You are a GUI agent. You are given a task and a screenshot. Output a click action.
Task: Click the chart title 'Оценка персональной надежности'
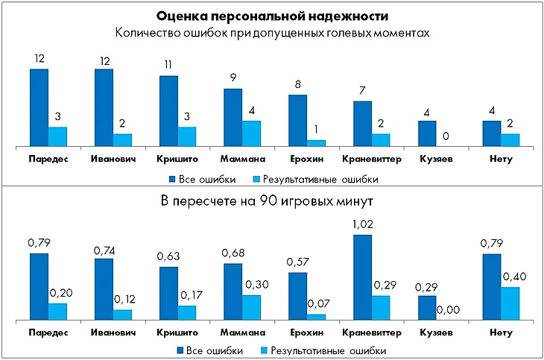(x=272, y=16)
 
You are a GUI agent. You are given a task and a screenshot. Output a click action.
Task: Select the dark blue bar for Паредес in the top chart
(x=39, y=107)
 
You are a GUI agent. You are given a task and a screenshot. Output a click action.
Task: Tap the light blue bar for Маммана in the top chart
(x=252, y=133)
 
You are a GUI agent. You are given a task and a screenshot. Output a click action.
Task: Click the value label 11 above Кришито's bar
(x=168, y=64)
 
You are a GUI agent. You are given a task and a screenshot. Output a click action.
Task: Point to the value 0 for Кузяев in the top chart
(x=446, y=136)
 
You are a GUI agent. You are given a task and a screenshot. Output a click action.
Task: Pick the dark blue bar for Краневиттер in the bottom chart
(x=363, y=277)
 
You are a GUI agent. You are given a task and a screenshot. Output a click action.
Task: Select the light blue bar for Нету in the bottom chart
(x=510, y=303)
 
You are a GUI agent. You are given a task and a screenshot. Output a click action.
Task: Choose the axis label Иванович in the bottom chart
(x=113, y=332)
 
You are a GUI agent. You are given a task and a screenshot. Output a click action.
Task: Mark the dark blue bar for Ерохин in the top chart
(x=298, y=120)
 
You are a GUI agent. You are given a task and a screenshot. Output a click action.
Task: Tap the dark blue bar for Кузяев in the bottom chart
(x=427, y=308)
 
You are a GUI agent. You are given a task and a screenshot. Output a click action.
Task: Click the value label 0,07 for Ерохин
(x=317, y=304)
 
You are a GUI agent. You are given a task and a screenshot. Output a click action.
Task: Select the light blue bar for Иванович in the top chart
(x=122, y=140)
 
